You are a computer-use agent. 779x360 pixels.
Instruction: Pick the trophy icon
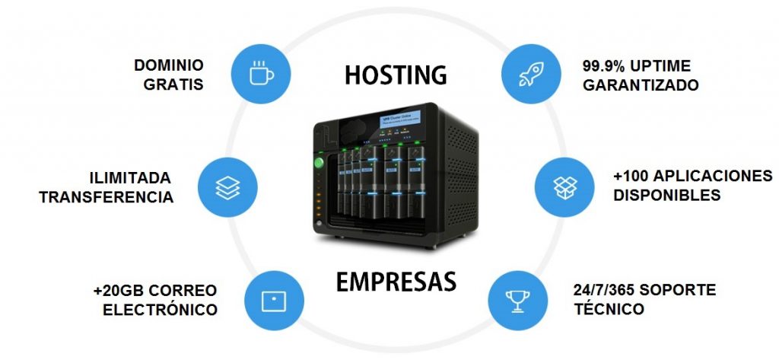[x=517, y=299]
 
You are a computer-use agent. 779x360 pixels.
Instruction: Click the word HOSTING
[x=395, y=75]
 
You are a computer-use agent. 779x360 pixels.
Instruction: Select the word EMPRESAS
[x=396, y=282]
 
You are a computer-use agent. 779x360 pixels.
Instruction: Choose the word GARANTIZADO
[x=641, y=85]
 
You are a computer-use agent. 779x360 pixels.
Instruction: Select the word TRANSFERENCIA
[x=107, y=197]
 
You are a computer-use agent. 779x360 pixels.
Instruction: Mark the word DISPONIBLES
[x=666, y=195]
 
